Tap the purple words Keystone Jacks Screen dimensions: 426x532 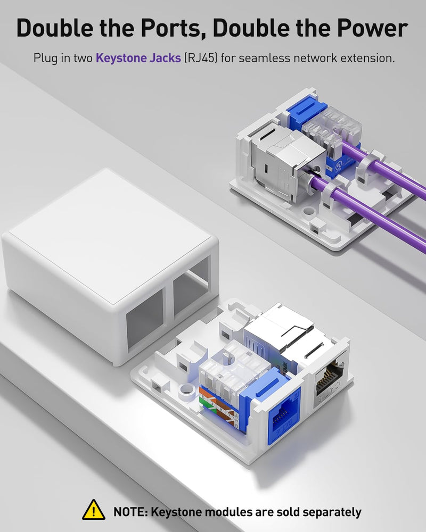[x=138, y=58]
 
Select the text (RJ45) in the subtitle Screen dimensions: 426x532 [x=200, y=58]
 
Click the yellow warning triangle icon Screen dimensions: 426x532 [x=94, y=510]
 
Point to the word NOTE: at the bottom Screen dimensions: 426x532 [x=130, y=512]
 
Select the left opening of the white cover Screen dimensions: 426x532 [x=145, y=318]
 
